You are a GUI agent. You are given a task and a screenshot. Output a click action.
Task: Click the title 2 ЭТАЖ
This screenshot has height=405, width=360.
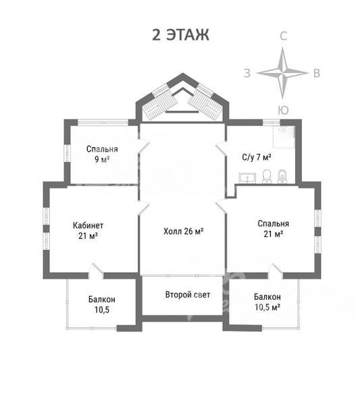click(180, 34)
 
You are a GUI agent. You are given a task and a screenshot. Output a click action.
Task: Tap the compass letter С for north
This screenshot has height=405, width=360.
click(283, 36)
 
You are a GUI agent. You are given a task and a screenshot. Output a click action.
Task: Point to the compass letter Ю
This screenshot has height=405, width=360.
click(283, 110)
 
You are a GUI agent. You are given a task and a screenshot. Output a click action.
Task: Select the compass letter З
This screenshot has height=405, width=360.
click(247, 73)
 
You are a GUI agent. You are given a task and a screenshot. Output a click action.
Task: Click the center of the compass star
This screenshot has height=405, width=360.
click(283, 73)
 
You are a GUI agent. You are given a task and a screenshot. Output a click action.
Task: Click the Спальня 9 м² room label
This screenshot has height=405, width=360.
click(102, 154)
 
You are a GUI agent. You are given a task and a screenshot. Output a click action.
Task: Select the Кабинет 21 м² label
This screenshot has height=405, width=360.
click(88, 230)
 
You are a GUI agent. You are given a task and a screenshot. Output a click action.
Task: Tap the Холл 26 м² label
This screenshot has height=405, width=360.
click(184, 231)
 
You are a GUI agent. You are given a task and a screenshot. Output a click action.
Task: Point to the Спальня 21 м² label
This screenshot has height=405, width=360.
click(273, 229)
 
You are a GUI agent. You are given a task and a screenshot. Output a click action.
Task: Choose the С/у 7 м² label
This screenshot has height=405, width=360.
click(257, 157)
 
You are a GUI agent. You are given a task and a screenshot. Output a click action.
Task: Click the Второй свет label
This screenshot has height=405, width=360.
click(188, 294)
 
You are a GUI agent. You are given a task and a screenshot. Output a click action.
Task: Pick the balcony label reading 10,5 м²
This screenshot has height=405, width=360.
click(267, 302)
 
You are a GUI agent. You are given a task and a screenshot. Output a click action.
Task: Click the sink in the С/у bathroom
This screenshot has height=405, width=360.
click(247, 178)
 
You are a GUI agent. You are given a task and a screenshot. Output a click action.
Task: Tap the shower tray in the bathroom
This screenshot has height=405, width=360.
click(284, 137)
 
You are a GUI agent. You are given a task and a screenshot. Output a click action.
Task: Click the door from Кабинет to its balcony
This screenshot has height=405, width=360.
click(96, 271)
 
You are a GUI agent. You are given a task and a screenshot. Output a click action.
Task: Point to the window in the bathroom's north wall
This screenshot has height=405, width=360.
click(272, 122)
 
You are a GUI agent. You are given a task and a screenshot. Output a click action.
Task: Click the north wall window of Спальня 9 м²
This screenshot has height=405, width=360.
click(103, 122)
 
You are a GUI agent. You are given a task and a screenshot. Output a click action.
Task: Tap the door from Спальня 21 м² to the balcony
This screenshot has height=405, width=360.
click(276, 271)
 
